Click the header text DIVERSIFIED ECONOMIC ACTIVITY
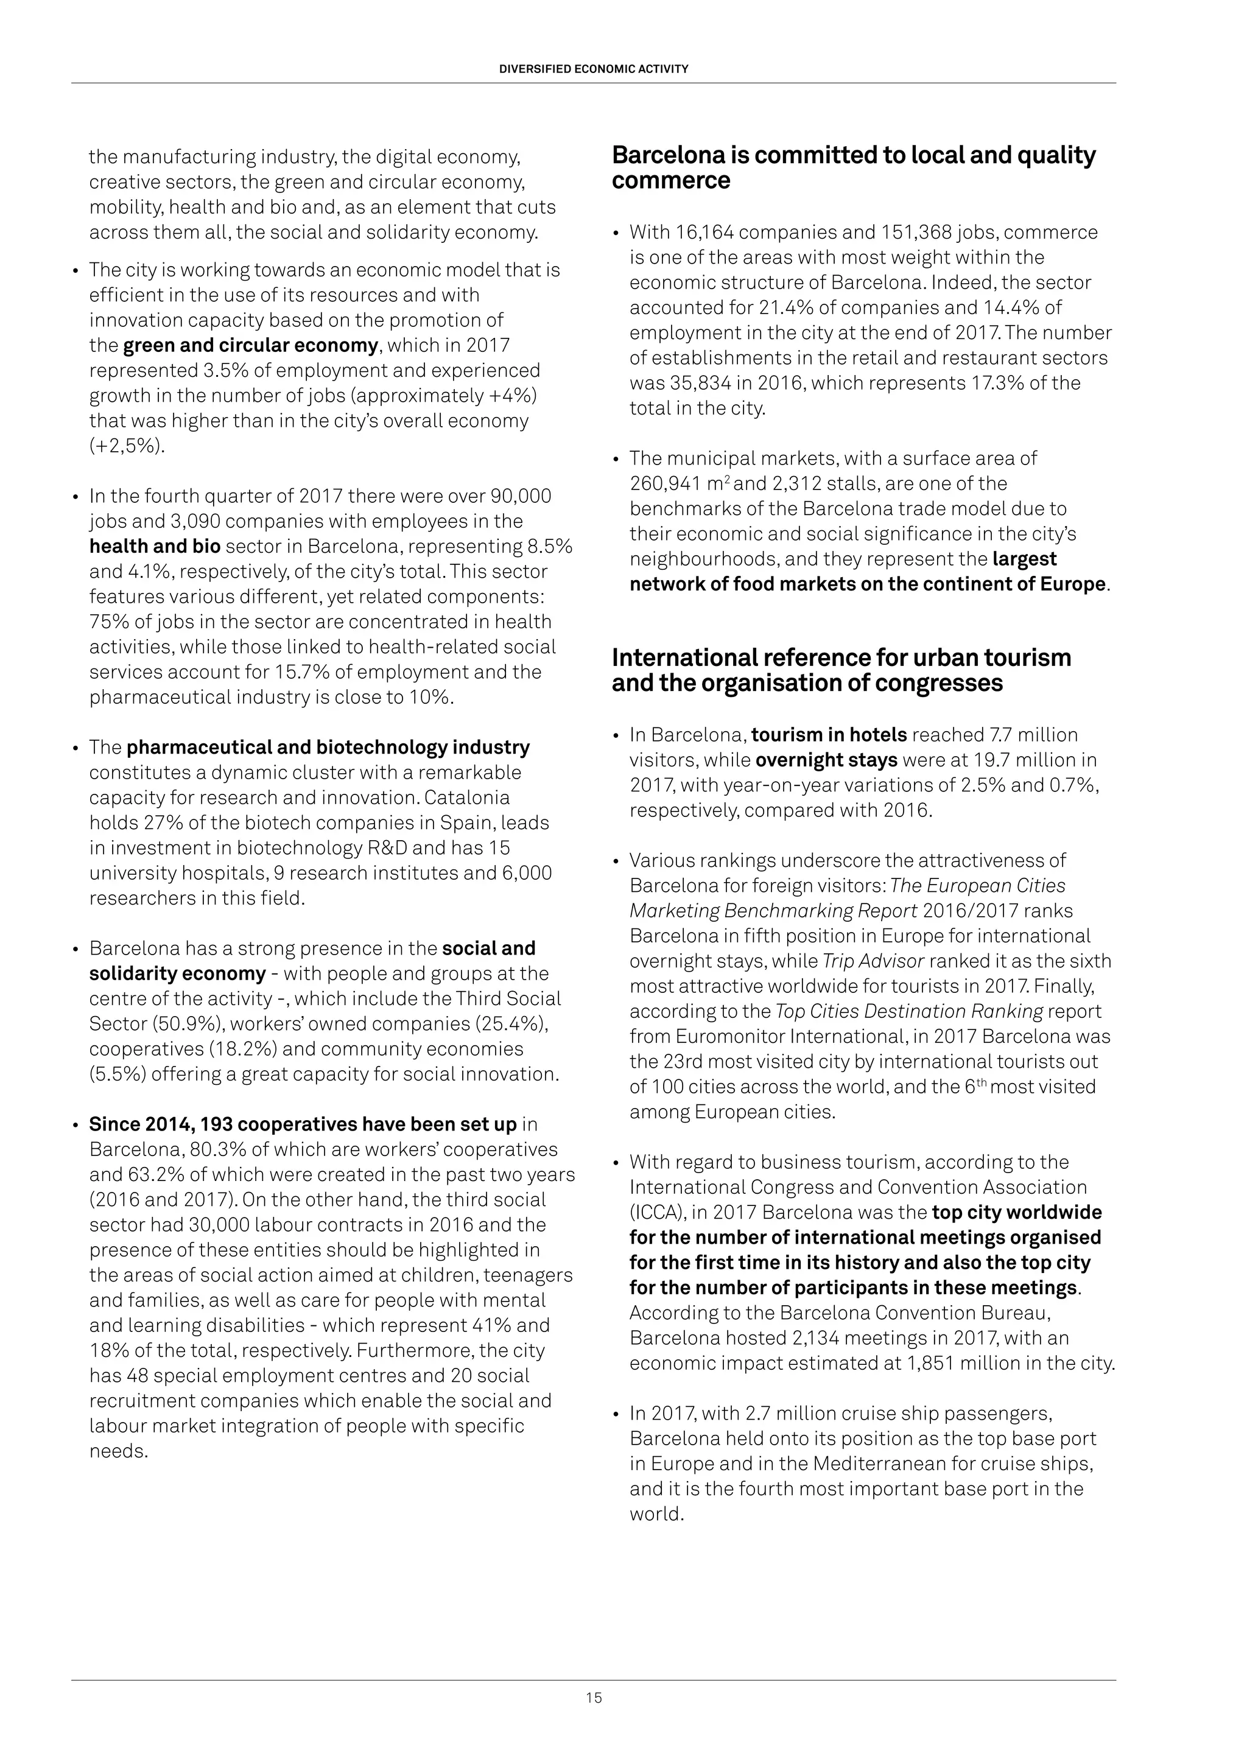tap(594, 68)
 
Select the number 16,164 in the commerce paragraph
tap(703, 232)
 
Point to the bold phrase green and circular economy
tap(250, 346)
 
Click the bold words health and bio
tap(155, 546)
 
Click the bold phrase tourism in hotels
tap(829, 735)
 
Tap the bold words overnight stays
tap(826, 760)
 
